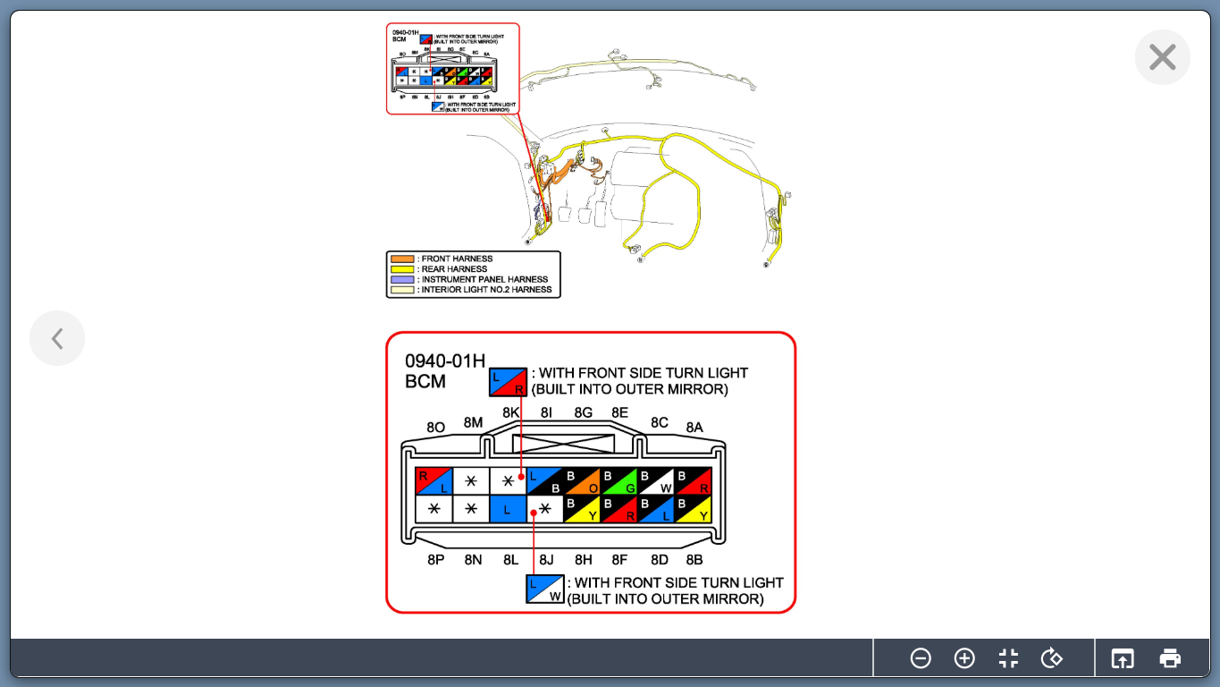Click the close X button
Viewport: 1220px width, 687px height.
click(1162, 57)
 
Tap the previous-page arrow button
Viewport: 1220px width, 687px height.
click(57, 338)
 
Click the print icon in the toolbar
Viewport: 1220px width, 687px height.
click(1170, 658)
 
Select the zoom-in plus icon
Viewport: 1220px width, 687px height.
click(964, 658)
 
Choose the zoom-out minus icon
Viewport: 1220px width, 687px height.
click(921, 658)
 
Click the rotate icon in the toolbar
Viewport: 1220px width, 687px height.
click(1052, 658)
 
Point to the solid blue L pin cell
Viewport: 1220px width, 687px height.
click(508, 509)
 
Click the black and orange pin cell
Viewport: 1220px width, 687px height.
click(582, 481)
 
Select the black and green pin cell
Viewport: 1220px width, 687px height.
click(618, 481)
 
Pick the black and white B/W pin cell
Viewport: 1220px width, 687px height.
click(655, 481)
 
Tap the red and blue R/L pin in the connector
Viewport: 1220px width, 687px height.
click(434, 481)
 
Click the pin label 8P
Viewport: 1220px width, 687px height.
click(435, 560)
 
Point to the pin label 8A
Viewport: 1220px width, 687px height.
click(694, 428)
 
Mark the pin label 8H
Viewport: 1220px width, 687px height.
click(583, 560)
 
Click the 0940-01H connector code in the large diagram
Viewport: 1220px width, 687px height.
click(445, 361)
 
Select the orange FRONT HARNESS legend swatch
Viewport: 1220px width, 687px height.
click(402, 259)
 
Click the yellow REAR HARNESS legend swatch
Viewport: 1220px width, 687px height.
click(402, 269)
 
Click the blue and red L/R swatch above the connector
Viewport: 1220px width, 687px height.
click(508, 381)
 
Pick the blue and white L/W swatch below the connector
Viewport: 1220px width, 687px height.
click(544, 589)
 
